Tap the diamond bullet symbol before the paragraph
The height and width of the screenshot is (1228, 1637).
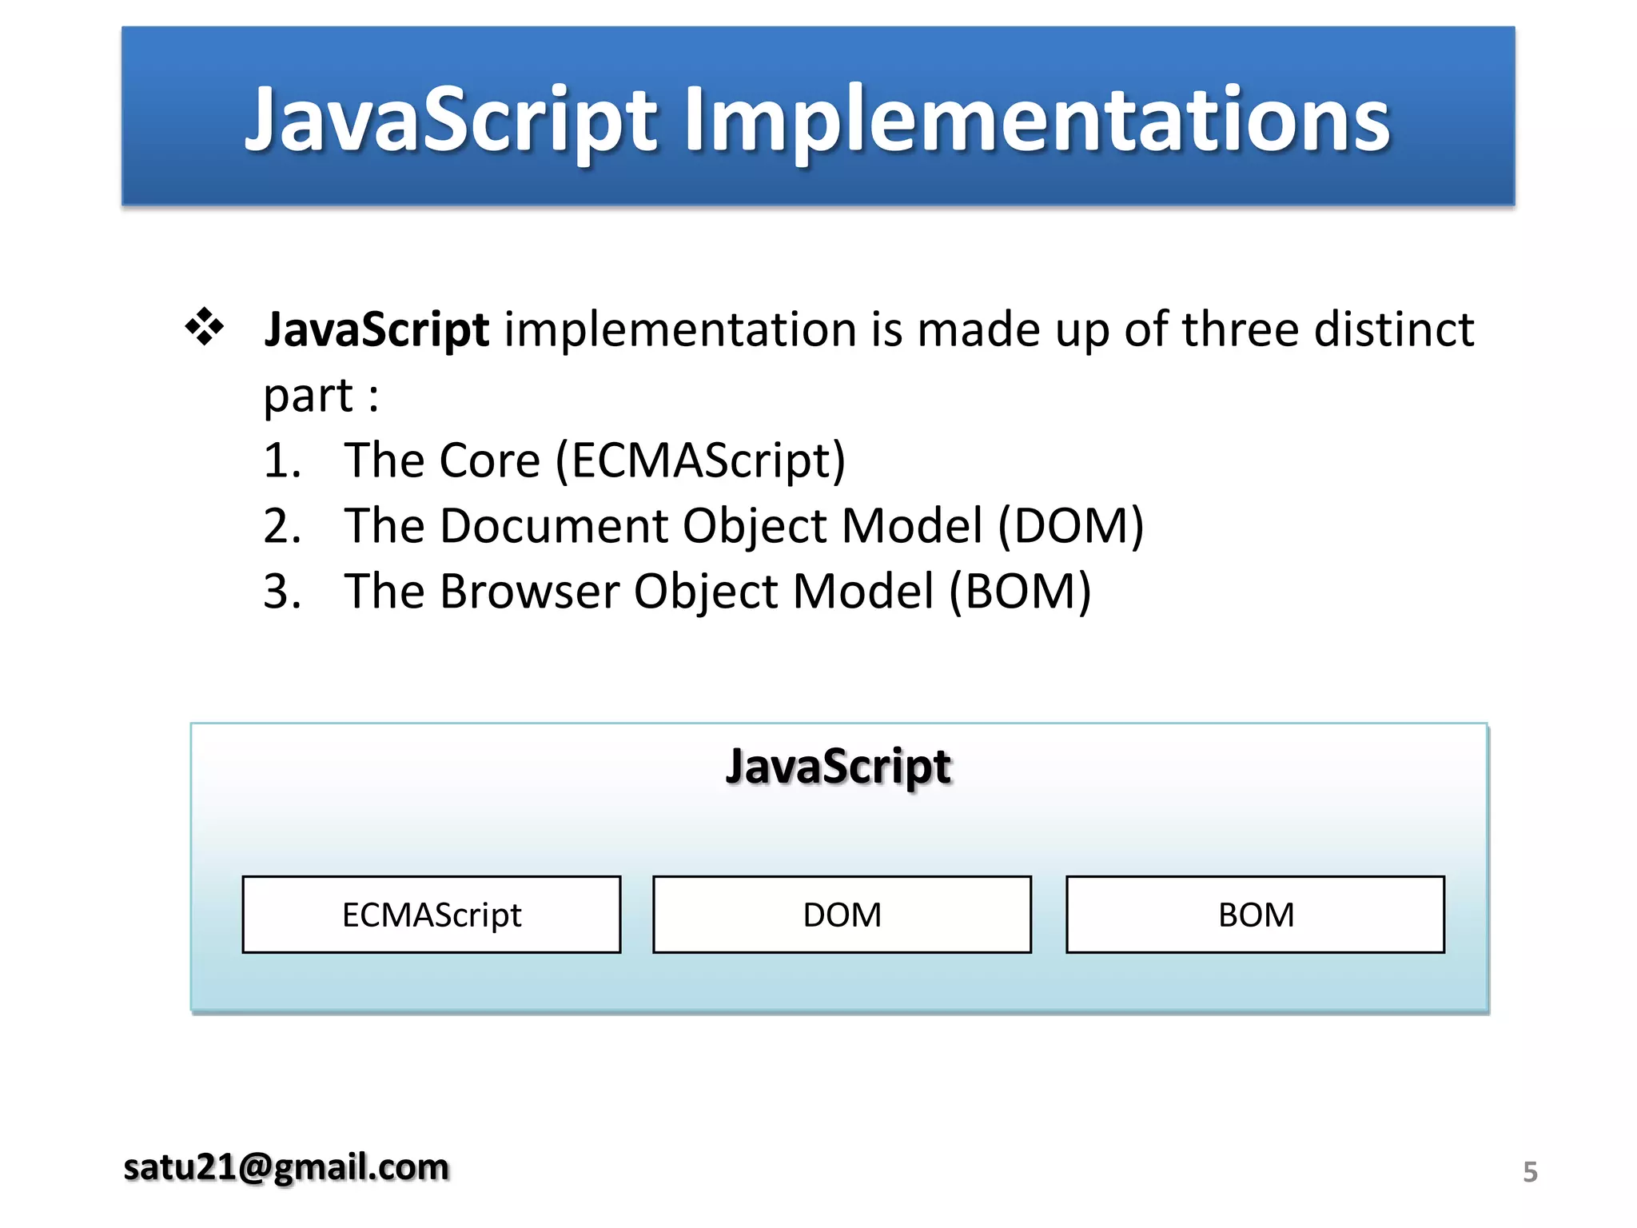click(205, 327)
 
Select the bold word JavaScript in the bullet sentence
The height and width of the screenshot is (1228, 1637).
click(376, 329)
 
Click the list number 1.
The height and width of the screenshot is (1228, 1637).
click(281, 461)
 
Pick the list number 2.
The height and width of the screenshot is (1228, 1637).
click(281, 527)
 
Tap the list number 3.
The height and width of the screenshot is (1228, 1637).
click(281, 592)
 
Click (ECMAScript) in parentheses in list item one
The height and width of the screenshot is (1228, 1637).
click(700, 461)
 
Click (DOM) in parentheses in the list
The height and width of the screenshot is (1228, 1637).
click(1070, 527)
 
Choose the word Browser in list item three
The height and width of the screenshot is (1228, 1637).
click(529, 592)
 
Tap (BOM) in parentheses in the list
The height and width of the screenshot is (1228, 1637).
click(1020, 592)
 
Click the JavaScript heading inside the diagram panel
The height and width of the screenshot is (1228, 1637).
click(838, 767)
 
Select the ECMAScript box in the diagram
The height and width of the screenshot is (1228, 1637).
click(432, 915)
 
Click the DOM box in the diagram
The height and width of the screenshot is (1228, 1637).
click(842, 915)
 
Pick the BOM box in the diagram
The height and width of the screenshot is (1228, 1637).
click(1255, 915)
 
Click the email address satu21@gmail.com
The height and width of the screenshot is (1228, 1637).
click(286, 1168)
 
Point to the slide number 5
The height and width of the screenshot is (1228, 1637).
click(1530, 1172)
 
